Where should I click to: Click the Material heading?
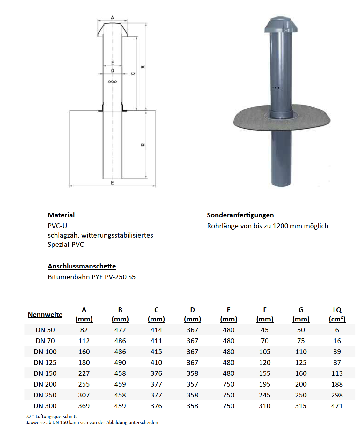click(x=61, y=215)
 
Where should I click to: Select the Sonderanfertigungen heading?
click(x=240, y=215)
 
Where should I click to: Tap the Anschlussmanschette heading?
click(x=82, y=266)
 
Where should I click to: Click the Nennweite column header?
click(x=45, y=315)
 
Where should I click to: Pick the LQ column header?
click(x=337, y=314)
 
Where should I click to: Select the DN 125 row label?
click(x=45, y=363)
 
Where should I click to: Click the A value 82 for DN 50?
click(x=84, y=330)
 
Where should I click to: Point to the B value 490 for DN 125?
click(x=120, y=363)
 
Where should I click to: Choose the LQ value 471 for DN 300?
click(x=337, y=406)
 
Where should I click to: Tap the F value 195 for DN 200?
click(x=265, y=384)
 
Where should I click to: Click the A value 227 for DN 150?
click(x=84, y=373)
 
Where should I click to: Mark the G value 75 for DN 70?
click(x=301, y=341)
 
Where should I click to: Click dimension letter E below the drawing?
click(x=112, y=183)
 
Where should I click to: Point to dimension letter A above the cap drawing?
click(x=112, y=18)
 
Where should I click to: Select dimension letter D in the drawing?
click(x=143, y=145)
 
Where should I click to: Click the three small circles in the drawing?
click(x=113, y=82)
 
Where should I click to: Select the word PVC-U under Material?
click(x=57, y=226)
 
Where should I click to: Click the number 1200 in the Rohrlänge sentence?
click(x=281, y=226)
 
